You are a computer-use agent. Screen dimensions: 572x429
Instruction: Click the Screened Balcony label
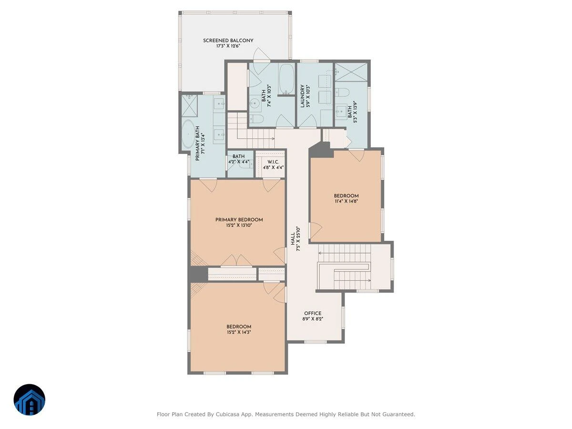tap(228, 41)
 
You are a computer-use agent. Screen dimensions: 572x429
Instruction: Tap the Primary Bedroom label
tap(239, 220)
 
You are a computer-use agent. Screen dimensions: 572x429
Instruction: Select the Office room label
tap(313, 313)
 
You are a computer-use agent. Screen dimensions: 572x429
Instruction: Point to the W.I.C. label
tap(273, 162)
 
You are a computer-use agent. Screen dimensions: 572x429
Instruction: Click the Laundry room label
tap(302, 96)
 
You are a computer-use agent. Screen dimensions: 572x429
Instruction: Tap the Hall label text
tap(293, 239)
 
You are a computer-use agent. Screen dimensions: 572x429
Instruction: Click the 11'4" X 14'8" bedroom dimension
tap(347, 201)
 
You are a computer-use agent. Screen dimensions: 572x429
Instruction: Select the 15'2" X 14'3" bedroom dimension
tap(239, 332)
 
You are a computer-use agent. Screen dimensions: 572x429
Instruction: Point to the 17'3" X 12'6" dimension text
tap(228, 46)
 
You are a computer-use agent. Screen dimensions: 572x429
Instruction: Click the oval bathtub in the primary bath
tap(188, 134)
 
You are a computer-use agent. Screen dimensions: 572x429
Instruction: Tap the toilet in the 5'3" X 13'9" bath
tap(342, 92)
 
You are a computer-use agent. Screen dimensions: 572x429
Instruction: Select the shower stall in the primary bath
tap(189, 106)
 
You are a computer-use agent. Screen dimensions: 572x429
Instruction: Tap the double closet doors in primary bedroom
tap(236, 261)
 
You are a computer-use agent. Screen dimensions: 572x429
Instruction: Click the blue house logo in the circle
tap(30, 399)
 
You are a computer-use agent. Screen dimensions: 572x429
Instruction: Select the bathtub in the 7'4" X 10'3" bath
tap(286, 79)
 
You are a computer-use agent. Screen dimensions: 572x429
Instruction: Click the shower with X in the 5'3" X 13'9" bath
tap(351, 72)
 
